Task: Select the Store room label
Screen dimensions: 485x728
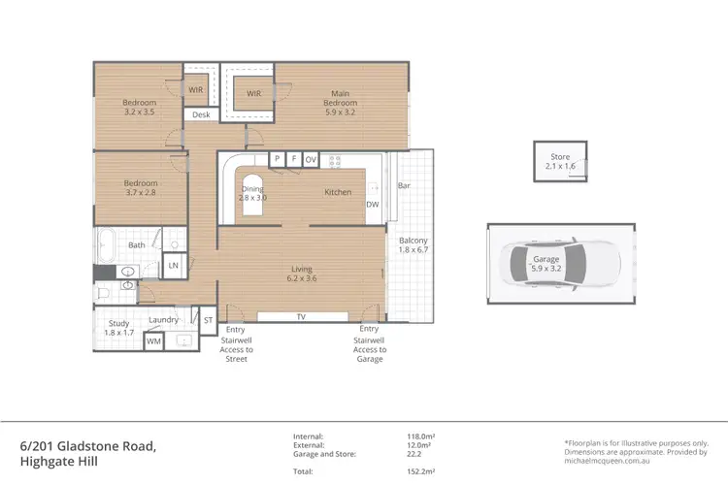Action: pyautogui.click(x=560, y=162)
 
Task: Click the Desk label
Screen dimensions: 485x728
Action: pyautogui.click(x=201, y=115)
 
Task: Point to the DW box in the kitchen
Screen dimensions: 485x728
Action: pyautogui.click(x=372, y=205)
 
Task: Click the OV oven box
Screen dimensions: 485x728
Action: pyautogui.click(x=311, y=158)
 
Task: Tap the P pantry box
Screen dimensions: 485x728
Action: pyautogui.click(x=277, y=158)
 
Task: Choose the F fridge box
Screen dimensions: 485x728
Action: pyautogui.click(x=293, y=158)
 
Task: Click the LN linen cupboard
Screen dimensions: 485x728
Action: pyautogui.click(x=174, y=265)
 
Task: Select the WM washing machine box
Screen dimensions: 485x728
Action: pyautogui.click(x=153, y=340)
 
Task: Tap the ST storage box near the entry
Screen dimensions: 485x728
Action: pyautogui.click(x=207, y=319)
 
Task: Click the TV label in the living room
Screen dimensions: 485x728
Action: pyautogui.click(x=301, y=317)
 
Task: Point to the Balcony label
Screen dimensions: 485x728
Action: pyautogui.click(x=413, y=244)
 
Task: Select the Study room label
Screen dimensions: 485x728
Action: pyautogui.click(x=116, y=327)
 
